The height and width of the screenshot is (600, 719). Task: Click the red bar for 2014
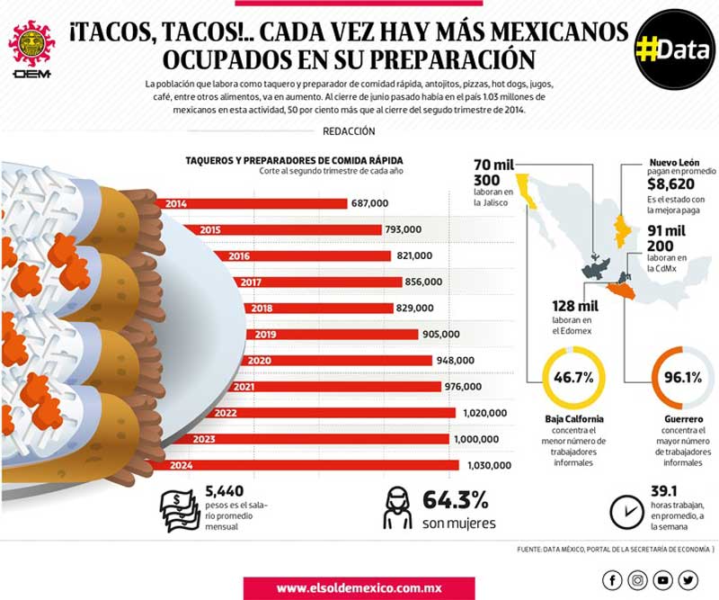point(252,203)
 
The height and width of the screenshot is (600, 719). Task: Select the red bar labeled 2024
point(306,465)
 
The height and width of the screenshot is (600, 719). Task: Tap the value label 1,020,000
point(484,413)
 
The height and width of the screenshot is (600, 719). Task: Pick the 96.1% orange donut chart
point(682,378)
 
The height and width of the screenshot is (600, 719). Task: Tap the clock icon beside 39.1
point(623,511)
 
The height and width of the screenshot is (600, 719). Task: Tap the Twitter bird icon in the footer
point(688,580)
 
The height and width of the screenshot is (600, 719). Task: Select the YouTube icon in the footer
point(662,580)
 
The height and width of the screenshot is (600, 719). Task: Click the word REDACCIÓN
point(348,131)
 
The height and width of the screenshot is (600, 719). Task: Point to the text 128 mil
point(576,307)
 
